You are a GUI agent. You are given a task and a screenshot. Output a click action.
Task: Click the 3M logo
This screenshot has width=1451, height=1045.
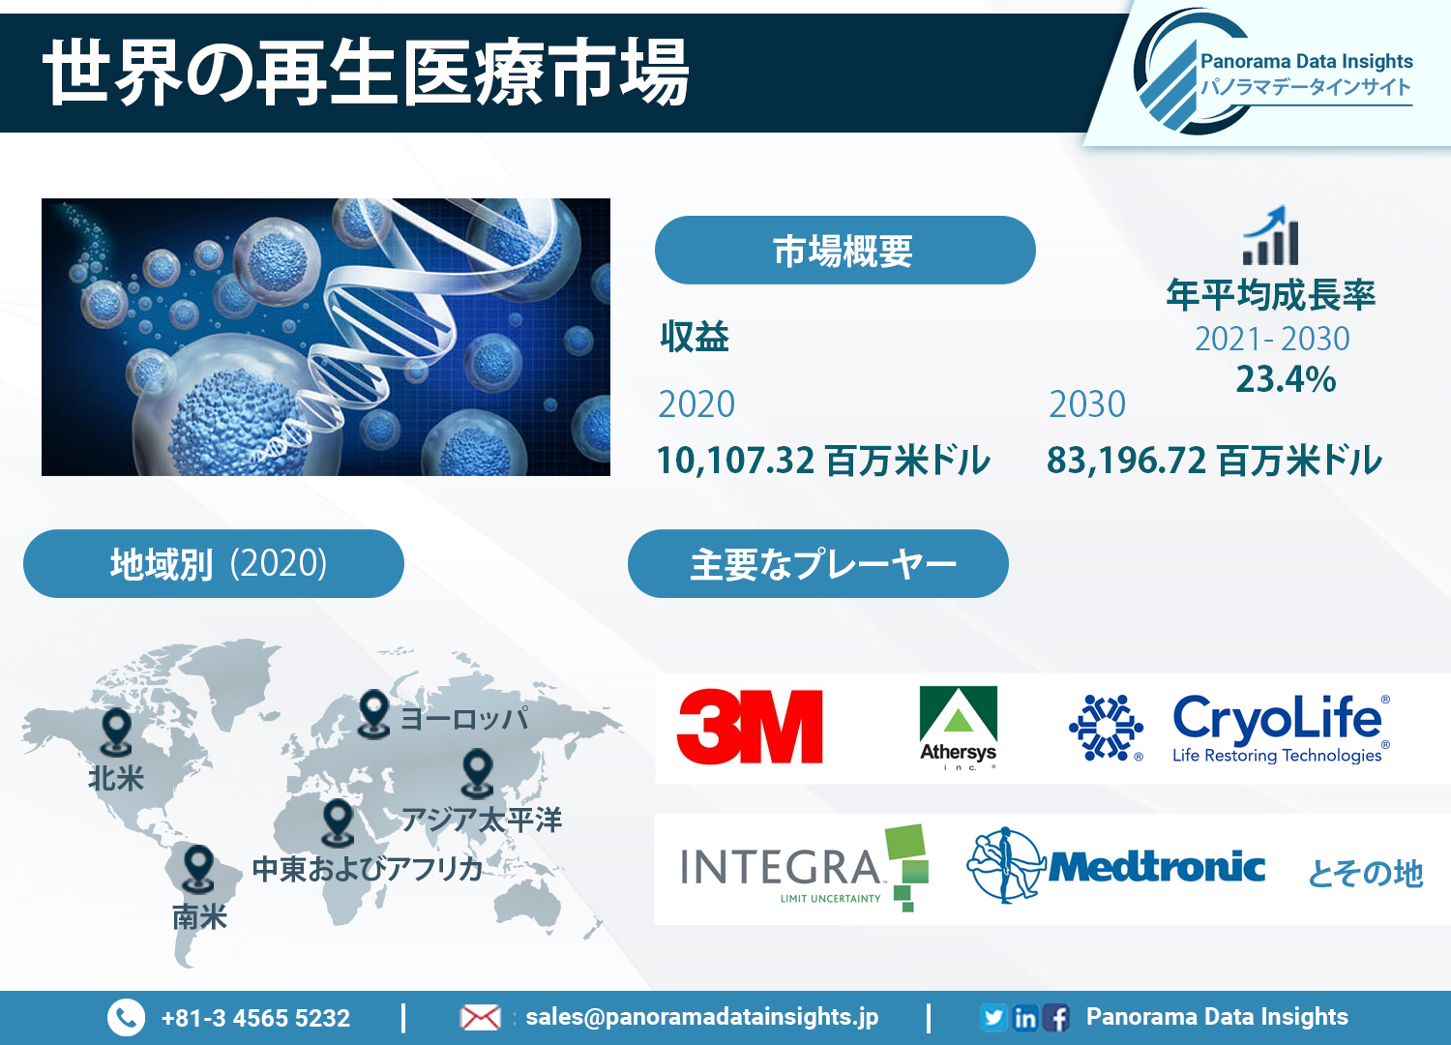750,727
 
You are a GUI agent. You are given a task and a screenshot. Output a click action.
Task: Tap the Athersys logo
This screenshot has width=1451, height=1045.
958,728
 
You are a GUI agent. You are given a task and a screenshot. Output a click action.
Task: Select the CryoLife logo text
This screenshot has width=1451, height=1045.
1281,729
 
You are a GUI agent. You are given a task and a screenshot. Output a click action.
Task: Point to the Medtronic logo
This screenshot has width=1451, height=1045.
1115,866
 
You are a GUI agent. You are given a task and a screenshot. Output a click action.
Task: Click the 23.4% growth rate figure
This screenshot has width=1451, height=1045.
1286,379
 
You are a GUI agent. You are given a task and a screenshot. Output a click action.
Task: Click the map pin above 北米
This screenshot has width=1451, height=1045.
117,731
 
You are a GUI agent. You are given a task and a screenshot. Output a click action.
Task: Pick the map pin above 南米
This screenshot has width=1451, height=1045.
198,868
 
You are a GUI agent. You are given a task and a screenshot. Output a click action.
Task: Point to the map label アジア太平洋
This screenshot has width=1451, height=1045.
482,820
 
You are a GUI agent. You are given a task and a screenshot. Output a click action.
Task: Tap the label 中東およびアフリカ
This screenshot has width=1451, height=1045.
368,869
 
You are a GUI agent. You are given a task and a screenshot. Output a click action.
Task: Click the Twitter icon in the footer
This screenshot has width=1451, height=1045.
993,1017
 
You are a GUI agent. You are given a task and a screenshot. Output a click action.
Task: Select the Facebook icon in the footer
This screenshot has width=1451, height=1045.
1056,1018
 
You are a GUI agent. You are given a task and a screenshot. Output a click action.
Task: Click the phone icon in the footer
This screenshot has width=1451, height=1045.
126,1017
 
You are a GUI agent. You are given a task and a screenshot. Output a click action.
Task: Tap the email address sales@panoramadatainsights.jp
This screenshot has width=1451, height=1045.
702,1017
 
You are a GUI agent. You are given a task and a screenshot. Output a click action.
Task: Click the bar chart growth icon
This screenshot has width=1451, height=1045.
1270,235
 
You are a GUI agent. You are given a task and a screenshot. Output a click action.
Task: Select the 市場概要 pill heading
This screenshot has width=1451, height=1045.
844,250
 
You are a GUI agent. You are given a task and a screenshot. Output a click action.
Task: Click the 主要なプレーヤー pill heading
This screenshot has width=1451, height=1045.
818,564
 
